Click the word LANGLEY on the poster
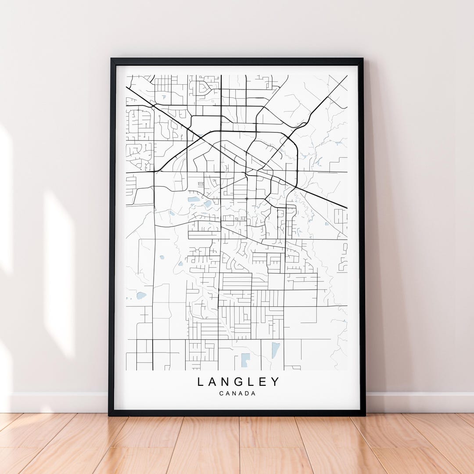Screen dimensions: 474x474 coord(238,382)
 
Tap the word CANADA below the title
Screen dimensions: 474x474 coord(237,393)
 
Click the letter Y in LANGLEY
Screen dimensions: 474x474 coord(275,382)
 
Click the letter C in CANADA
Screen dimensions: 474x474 coord(221,393)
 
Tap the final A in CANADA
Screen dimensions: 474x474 coord(253,393)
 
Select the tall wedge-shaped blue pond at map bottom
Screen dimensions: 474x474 coord(275,350)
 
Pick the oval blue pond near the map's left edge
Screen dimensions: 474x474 coord(141,295)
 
